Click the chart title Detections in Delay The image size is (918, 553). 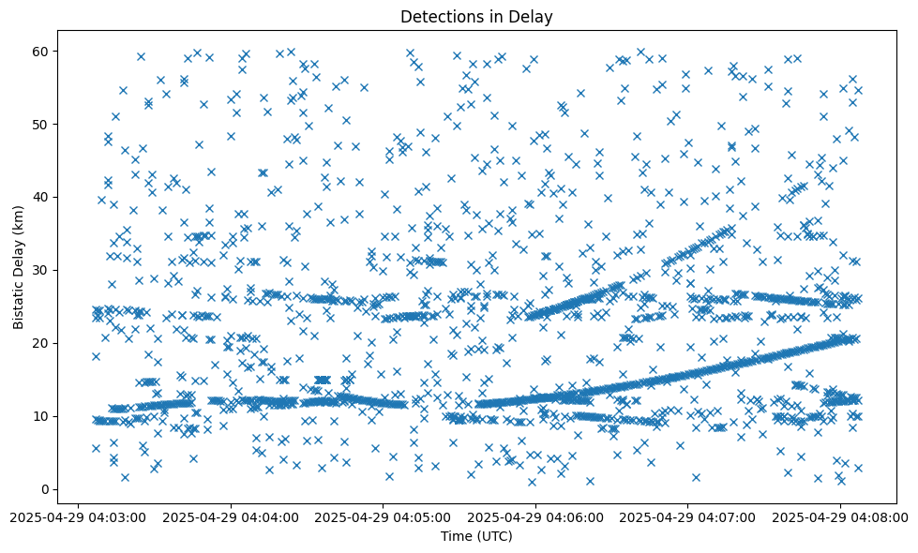(476, 16)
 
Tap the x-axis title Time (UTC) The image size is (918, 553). (476, 536)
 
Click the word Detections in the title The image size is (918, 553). (439, 16)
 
